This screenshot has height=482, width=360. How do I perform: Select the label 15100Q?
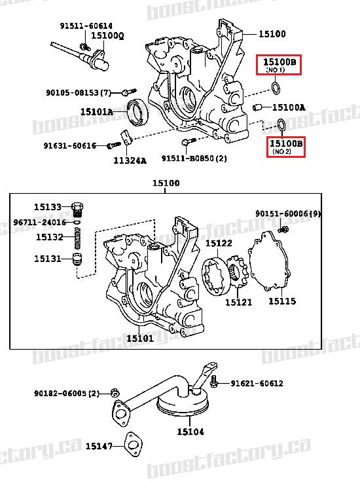107,35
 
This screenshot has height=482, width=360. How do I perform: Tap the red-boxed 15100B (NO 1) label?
279,65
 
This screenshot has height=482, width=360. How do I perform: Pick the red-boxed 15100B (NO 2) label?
286,146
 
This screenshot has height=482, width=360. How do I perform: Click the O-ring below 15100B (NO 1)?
277,88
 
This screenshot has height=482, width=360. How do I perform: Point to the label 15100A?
289,107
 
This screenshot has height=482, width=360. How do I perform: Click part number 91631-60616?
69,145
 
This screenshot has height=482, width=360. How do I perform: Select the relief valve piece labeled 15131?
80,258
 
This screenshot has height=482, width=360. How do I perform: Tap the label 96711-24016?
39,222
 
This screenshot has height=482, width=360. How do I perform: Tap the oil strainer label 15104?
190,432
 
